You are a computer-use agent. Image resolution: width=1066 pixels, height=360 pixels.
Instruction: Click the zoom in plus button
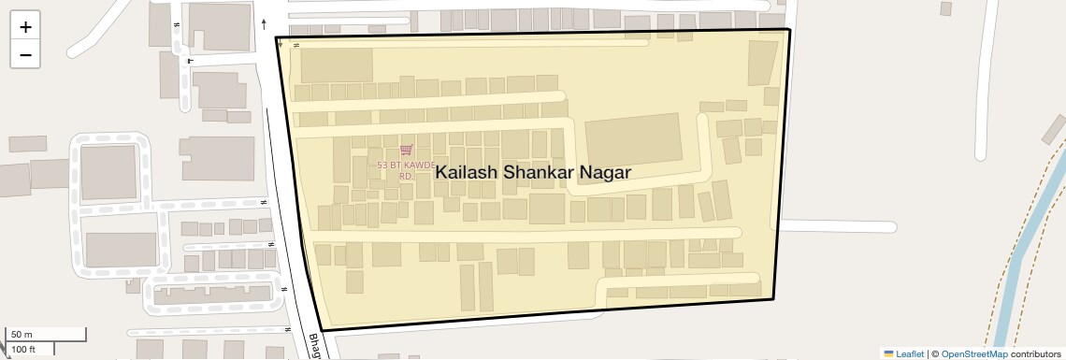25,27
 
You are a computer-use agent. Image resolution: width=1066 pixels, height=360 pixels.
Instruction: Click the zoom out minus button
25,55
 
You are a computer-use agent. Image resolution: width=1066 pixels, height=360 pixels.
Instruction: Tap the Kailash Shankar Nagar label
533,172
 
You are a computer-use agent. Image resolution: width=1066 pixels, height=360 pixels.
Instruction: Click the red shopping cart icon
406,150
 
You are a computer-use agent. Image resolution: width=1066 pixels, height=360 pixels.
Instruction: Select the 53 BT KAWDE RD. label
407,170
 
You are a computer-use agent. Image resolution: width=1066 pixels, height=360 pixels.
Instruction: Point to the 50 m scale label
22,334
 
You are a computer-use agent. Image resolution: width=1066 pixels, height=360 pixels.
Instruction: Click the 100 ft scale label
23,350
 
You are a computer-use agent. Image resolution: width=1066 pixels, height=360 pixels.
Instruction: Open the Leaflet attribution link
904,353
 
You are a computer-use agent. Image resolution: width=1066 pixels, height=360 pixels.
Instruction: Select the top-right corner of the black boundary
790,30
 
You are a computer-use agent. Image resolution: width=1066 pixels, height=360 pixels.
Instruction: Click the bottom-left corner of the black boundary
323,330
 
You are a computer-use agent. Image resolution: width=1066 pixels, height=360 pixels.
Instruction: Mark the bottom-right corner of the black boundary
774,299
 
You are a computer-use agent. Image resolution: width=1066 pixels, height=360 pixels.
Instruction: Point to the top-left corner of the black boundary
276,37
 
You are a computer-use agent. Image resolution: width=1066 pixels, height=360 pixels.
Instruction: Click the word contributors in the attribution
1036,353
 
